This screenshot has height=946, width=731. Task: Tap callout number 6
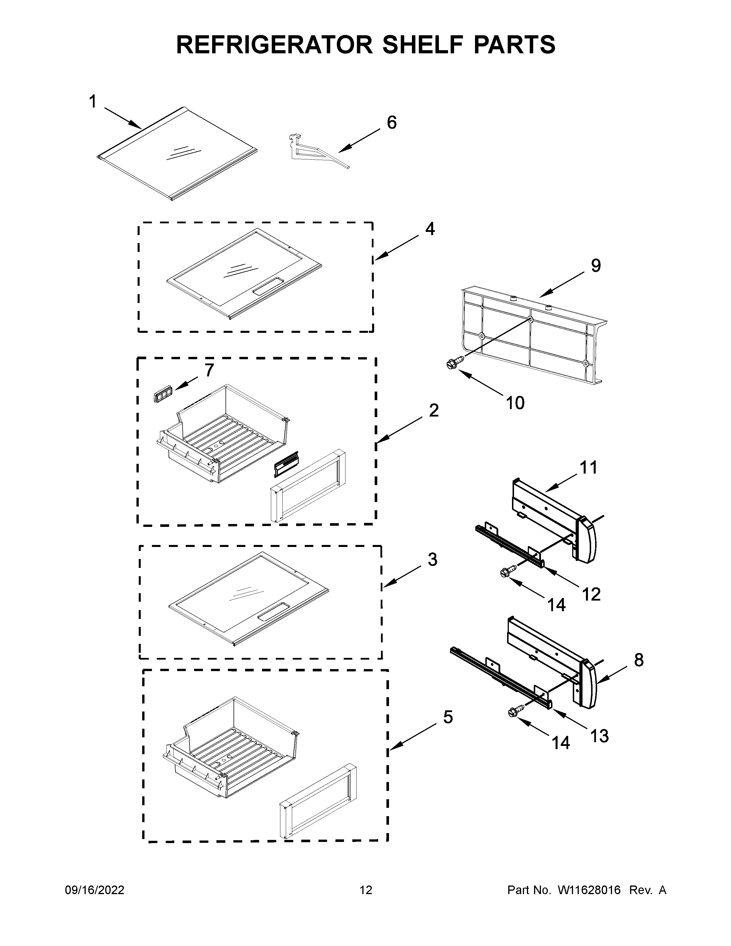tap(391, 123)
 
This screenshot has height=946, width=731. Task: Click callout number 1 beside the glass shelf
tap(92, 102)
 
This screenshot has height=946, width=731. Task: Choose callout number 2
tap(433, 410)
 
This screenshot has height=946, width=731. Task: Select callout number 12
tap(591, 594)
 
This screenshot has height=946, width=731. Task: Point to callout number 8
tap(639, 660)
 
